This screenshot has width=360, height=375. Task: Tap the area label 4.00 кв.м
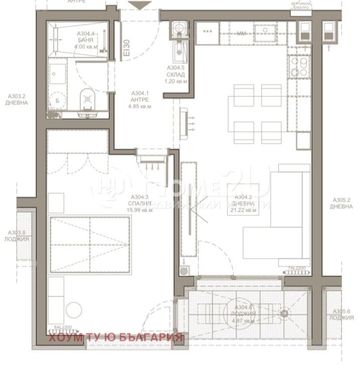coord(86,47)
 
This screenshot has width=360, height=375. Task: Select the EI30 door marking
coord(127,48)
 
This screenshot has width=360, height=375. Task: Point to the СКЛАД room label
coord(176,75)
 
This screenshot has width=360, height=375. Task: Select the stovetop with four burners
coord(299,67)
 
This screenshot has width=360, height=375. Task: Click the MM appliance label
coord(241,33)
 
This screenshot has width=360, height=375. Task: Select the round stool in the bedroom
coord(73,310)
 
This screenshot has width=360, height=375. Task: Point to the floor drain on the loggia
coord(284,313)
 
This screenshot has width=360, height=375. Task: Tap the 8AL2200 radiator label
coord(63,327)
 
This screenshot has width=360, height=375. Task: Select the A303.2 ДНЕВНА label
coord(16,99)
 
